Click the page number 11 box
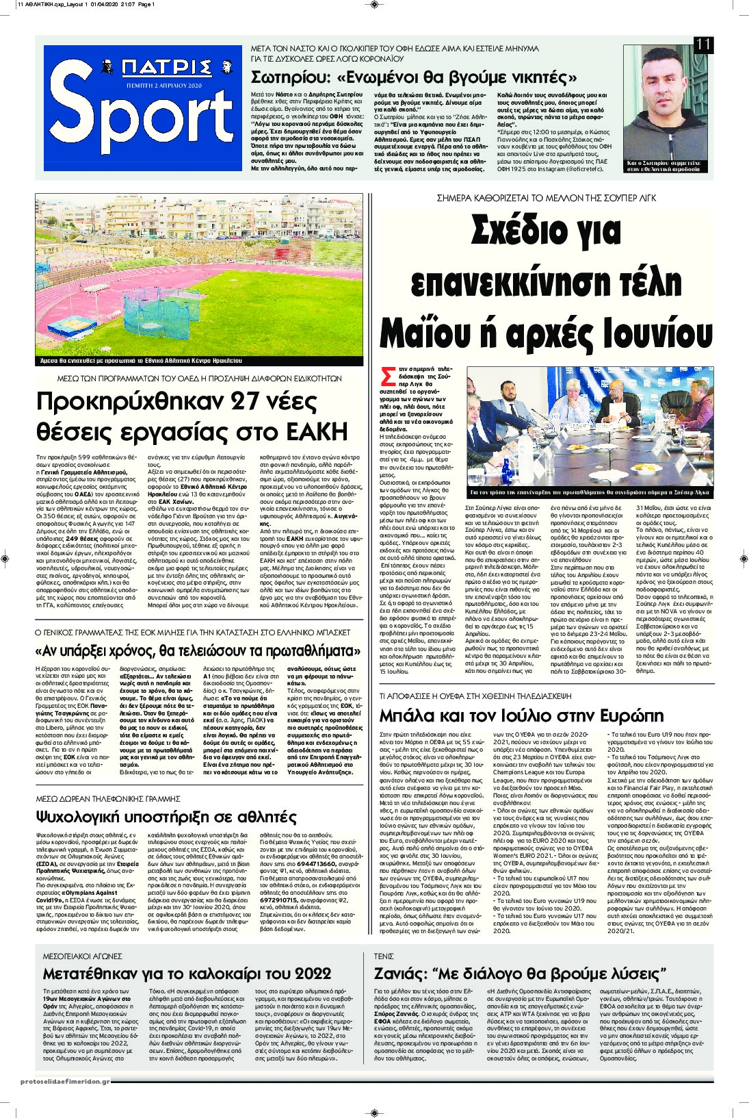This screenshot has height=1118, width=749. pyautogui.click(x=703, y=45)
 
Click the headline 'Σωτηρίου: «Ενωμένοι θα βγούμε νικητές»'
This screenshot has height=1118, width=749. pyautogui.click(x=414, y=76)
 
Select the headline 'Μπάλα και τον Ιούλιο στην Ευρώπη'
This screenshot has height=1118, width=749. pyautogui.click(x=521, y=716)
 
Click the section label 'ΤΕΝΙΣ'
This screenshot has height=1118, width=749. pyautogui.click(x=384, y=956)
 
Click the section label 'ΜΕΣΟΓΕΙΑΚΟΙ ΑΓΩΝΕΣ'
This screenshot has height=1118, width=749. pyautogui.click(x=82, y=956)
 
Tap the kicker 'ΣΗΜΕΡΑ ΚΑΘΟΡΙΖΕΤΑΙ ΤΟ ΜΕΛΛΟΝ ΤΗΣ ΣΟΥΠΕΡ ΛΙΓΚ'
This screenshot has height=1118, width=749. pyautogui.click(x=546, y=198)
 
